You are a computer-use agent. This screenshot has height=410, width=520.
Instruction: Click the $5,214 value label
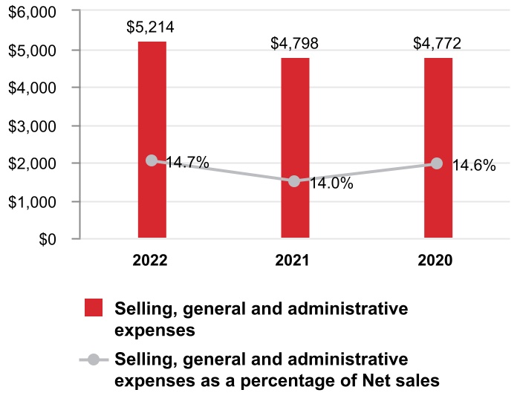(x=152, y=28)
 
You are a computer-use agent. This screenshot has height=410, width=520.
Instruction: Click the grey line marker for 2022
(x=152, y=160)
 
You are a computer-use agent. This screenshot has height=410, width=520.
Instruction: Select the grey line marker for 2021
(x=295, y=181)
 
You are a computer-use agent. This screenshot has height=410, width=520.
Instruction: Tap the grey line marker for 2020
(x=438, y=163)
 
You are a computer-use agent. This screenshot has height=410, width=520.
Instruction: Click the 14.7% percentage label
(x=187, y=162)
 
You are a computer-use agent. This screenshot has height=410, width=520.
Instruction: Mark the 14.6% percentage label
(x=474, y=166)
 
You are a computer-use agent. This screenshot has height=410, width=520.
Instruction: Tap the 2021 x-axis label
(x=295, y=261)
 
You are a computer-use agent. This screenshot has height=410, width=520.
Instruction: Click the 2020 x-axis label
(x=438, y=261)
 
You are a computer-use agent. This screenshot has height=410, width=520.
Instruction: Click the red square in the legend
(x=94, y=308)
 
